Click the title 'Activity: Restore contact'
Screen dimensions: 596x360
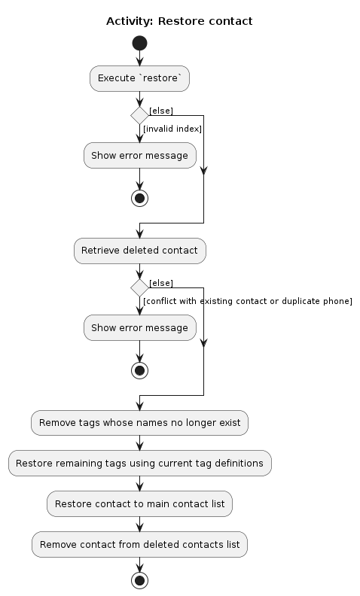179,21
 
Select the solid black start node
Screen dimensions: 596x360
139,43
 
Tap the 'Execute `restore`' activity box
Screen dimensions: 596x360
139,78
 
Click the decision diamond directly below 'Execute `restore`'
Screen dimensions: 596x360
139,115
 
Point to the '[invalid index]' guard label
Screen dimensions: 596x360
172,129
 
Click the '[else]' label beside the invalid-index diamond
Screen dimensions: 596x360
161,111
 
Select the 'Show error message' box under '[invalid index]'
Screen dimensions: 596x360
139,156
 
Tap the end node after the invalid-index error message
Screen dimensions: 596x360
139,198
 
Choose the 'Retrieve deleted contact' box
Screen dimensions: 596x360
139,251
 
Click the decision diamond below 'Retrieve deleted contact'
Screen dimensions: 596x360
139,287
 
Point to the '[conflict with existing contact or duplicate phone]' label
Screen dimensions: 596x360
248,301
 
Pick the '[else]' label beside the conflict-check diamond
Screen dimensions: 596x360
161,283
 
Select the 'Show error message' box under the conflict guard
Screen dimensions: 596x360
139,328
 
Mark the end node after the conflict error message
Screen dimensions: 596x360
139,370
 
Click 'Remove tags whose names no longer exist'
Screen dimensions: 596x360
139,423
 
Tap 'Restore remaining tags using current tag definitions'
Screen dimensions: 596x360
139,464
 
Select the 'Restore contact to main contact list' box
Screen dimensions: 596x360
139,504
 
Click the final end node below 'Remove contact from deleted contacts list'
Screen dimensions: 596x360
139,580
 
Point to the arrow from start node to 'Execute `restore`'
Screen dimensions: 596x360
139,59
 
